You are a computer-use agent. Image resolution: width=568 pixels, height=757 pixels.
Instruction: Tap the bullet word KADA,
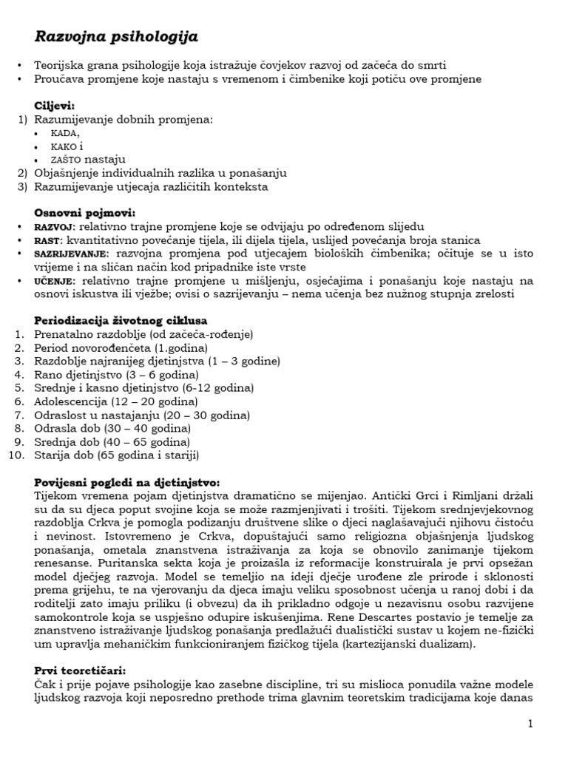pos(66,132)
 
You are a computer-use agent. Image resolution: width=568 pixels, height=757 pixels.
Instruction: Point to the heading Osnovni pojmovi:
pos(84,213)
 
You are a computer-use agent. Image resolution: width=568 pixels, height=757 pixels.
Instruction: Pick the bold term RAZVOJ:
pos(55,226)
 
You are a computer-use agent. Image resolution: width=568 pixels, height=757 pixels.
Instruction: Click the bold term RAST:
pos(50,240)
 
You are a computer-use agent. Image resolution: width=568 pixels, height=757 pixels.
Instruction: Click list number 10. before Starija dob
pos(18,455)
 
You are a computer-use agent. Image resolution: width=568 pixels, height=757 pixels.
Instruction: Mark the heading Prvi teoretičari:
pos(80,671)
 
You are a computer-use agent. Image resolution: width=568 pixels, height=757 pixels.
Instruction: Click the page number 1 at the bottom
pos(530,722)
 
